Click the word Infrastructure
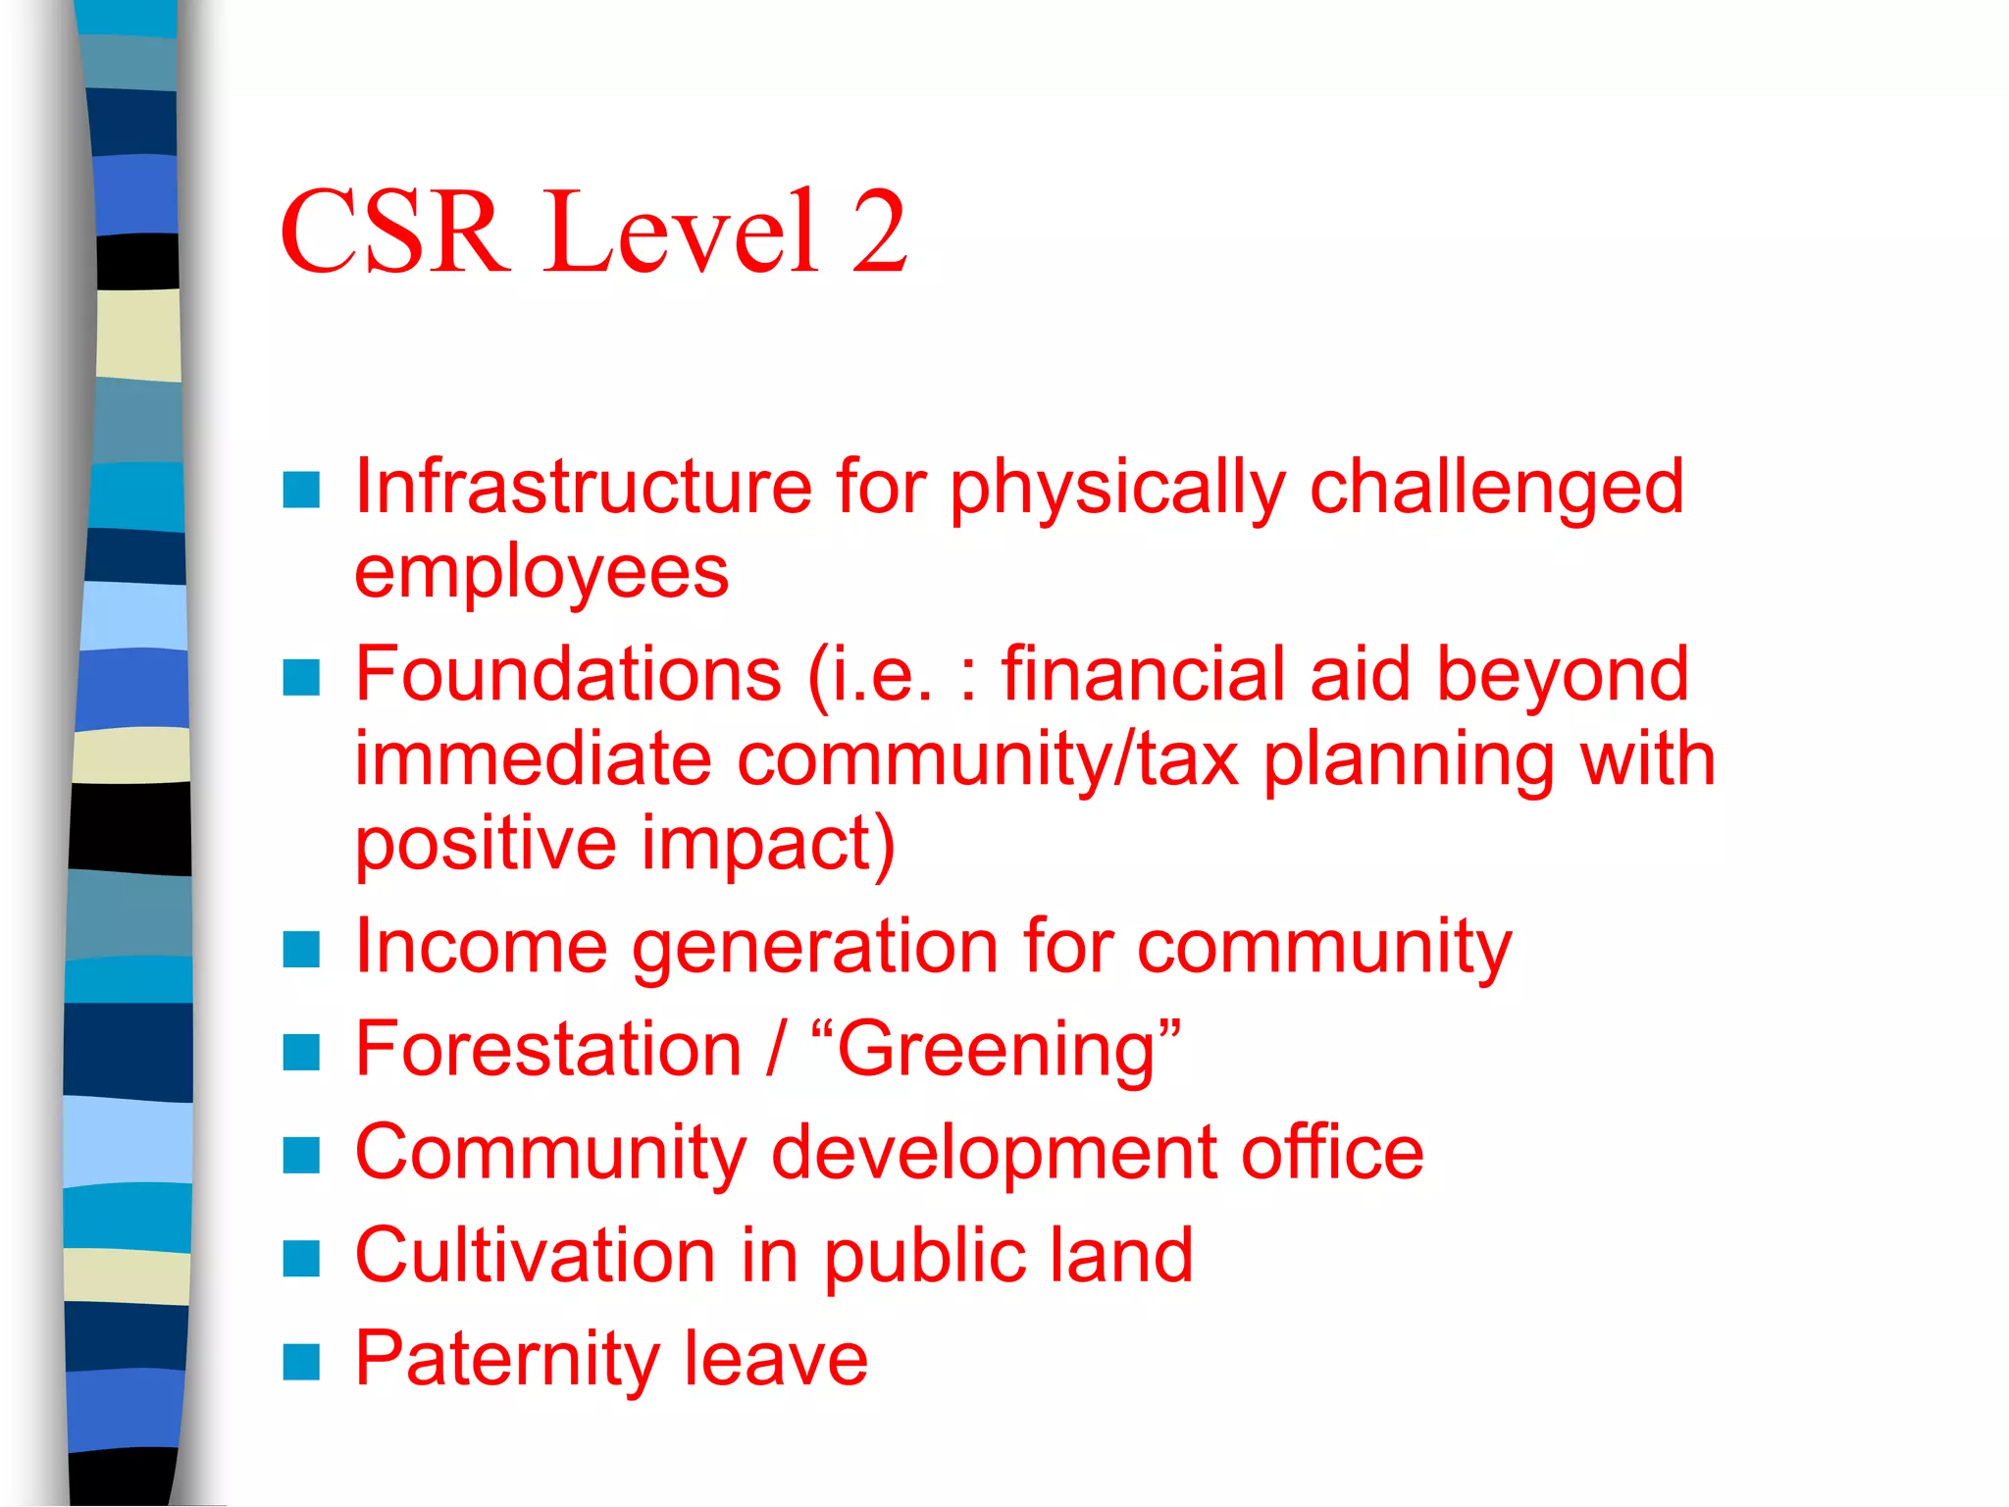[583, 487]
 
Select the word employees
[541, 573]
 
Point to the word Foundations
[568, 674]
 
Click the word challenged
[1496, 487]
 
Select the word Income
[481, 947]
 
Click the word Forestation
[547, 1050]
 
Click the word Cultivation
[535, 1256]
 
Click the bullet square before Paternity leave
[301, 1362]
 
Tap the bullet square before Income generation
[301, 949]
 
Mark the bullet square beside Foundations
[301, 677]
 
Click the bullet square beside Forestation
[301, 1053]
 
